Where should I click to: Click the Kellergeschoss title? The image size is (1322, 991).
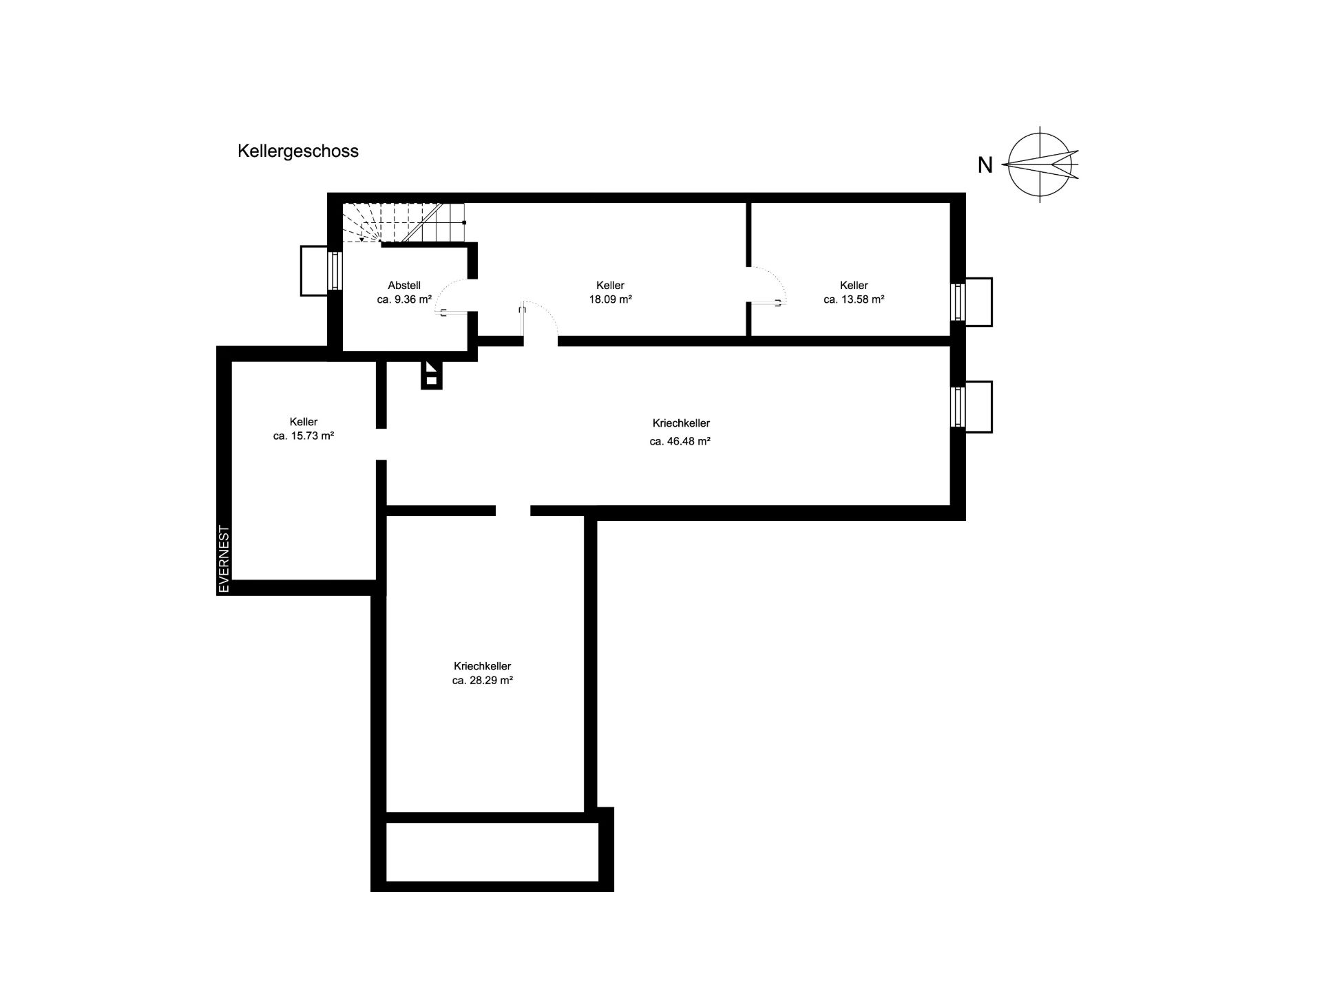pos(298,151)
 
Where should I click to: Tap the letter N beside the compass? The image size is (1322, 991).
pos(985,165)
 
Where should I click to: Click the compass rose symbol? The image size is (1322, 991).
pos(1040,164)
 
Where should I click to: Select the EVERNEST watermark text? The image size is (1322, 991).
pos(224,559)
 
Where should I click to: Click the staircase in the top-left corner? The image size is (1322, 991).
pos(403,222)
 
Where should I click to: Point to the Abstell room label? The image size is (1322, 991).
pos(404,285)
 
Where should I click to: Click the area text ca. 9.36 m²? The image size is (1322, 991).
pos(404,299)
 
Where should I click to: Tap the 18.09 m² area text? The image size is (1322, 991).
pos(611,299)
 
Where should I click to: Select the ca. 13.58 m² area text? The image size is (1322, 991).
pos(854,299)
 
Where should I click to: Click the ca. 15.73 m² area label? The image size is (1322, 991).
pos(304,436)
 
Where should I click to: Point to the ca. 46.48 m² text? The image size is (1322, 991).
pos(680,441)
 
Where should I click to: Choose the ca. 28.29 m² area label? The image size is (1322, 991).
pos(483,680)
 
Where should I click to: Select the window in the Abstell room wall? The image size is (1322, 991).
pos(335,270)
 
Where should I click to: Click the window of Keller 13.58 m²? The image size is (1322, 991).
pos(957,301)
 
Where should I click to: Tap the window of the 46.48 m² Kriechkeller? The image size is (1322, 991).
pos(957,407)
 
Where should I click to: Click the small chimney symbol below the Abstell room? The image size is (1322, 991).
pos(431,375)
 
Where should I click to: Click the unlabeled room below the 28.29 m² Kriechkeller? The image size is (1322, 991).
pos(492,851)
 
